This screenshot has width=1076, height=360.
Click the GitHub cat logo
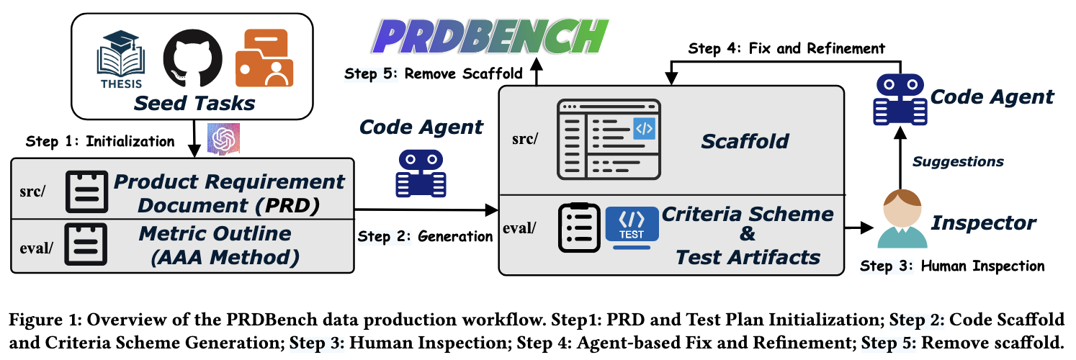click(192, 58)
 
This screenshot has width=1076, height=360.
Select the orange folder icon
click(264, 58)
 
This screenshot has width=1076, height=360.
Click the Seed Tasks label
click(194, 103)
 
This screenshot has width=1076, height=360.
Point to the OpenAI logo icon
click(223, 139)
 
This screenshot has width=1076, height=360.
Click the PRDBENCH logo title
click(490, 37)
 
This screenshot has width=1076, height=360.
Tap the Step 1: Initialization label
click(100, 141)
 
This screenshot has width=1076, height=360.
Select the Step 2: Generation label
click(425, 236)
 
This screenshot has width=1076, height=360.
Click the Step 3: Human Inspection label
click(952, 266)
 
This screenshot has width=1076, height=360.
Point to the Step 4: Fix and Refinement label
click(786, 48)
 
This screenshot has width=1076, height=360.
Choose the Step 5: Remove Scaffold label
click(434, 74)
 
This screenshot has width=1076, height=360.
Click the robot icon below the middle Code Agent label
click(421, 174)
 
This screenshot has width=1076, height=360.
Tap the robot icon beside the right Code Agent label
click(900, 99)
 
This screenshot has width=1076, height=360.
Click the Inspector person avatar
click(902, 219)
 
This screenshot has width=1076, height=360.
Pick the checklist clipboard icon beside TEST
click(579, 228)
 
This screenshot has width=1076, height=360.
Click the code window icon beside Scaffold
click(609, 140)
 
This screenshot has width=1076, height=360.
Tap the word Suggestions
click(958, 162)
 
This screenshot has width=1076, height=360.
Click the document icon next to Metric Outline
click(86, 244)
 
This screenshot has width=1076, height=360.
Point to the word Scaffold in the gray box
click(745, 142)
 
